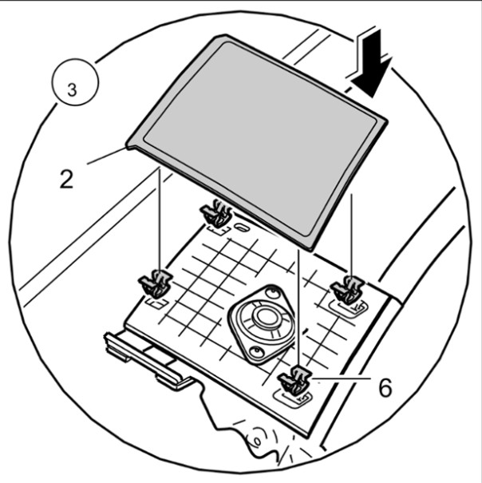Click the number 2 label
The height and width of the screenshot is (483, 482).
(x=65, y=177)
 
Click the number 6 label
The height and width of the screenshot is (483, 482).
(x=385, y=388)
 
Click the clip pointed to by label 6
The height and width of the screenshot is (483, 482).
(x=296, y=382)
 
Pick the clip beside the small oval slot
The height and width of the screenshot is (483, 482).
(x=216, y=214)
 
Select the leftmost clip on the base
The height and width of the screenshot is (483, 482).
(x=156, y=283)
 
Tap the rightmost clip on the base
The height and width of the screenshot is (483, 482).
(x=349, y=289)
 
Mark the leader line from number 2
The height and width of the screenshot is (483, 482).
(x=104, y=157)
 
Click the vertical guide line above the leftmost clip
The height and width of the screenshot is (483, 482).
(x=159, y=224)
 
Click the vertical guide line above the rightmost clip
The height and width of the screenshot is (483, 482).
(x=351, y=232)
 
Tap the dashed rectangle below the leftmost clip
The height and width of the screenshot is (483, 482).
(x=156, y=303)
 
